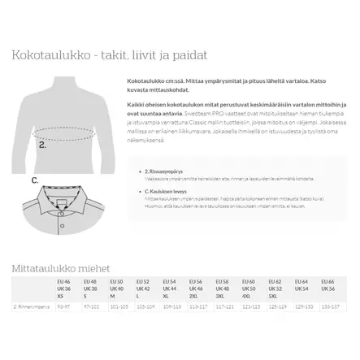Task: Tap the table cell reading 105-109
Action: pos(144,307)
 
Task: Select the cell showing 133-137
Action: pos(329,307)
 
